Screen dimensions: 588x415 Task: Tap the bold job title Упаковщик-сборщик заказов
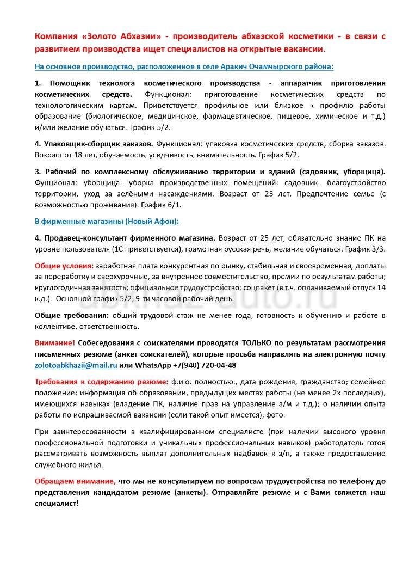point(98,144)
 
